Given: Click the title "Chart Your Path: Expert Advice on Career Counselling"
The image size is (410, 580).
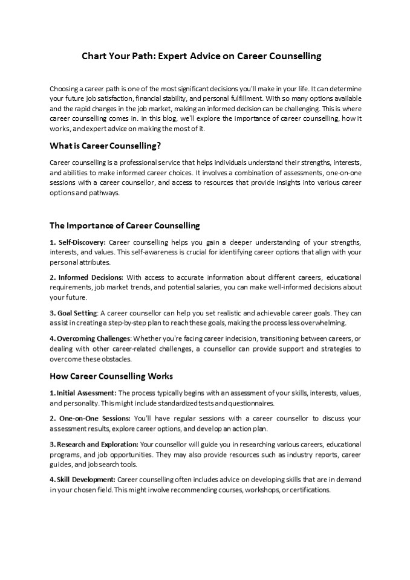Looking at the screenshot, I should [x=201, y=56].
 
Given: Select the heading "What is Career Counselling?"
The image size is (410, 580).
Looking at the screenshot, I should [x=105, y=146].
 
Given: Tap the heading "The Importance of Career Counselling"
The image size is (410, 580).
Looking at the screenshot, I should [x=124, y=225].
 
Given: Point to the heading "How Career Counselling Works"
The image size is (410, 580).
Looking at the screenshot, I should [x=111, y=376].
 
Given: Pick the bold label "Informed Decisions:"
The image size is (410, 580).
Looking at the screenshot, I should [x=86, y=277].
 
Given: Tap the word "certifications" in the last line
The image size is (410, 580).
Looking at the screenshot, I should [x=310, y=489].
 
